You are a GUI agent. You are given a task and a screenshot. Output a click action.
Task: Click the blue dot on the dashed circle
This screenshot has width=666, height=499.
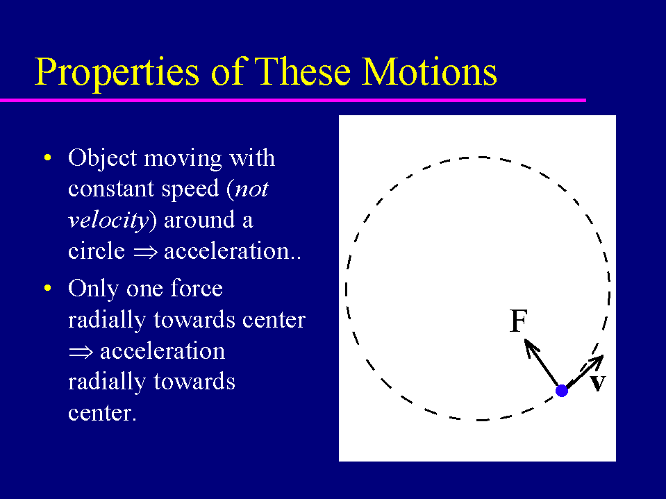[562, 390]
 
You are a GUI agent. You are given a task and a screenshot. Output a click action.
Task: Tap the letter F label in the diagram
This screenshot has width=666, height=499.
[518, 321]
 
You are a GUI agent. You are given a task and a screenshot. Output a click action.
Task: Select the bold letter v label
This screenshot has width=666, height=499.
[598, 383]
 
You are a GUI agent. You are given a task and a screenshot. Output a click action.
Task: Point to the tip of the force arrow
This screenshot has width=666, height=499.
[525, 339]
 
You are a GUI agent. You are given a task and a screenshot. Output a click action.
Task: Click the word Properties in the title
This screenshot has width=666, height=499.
[117, 72]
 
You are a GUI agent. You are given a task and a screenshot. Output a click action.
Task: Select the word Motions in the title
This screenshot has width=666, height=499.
[429, 71]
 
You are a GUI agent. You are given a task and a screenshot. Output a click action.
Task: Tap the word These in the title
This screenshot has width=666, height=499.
[302, 71]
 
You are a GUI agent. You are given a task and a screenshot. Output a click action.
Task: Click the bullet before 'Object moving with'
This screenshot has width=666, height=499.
[47, 158]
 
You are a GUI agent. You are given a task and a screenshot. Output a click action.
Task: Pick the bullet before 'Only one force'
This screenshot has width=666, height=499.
[47, 288]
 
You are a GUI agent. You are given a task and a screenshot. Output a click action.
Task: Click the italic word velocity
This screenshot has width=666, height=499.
[108, 220]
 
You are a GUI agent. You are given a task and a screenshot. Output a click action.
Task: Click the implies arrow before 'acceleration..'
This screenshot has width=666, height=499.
[145, 252]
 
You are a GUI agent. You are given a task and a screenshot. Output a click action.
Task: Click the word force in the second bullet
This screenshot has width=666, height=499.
[197, 288]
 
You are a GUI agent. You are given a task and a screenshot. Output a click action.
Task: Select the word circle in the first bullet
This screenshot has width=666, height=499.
[97, 251]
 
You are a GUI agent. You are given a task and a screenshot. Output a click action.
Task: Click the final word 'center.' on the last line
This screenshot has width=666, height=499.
[102, 413]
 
